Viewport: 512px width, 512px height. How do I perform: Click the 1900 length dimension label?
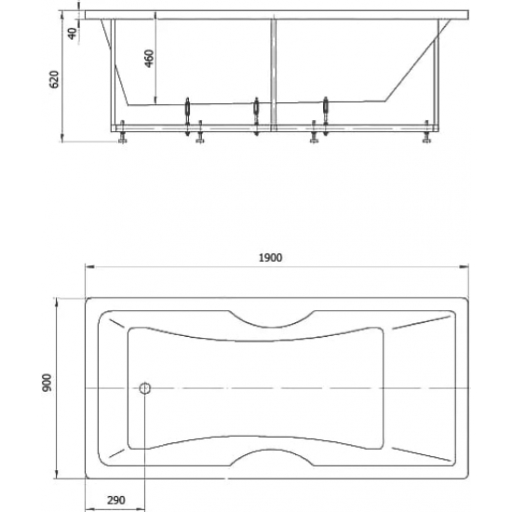click(x=270, y=258)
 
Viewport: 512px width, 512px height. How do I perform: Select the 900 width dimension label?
click(x=47, y=383)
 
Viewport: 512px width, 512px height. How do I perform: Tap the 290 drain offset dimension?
click(x=116, y=500)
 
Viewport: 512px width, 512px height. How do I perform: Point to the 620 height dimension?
click(x=54, y=79)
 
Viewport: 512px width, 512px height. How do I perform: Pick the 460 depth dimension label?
click(x=149, y=59)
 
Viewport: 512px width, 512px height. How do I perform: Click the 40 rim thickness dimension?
click(x=73, y=33)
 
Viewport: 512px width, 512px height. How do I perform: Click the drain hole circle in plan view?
click(x=145, y=388)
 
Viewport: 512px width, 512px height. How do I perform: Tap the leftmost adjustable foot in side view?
click(x=123, y=132)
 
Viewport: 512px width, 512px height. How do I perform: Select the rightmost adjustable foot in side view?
click(x=426, y=132)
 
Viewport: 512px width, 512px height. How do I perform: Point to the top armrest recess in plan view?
click(x=272, y=326)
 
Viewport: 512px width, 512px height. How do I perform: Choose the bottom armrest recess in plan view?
click(x=272, y=451)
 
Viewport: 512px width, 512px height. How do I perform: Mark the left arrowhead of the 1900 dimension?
click(x=89, y=267)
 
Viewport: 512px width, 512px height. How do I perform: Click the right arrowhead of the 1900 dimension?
click(x=464, y=267)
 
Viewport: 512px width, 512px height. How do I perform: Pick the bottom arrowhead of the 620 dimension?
click(x=61, y=138)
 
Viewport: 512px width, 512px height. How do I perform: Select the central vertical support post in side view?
click(x=274, y=74)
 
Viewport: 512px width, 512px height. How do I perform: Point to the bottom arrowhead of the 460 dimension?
click(x=155, y=100)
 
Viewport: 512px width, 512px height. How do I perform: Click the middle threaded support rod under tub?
click(x=256, y=116)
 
